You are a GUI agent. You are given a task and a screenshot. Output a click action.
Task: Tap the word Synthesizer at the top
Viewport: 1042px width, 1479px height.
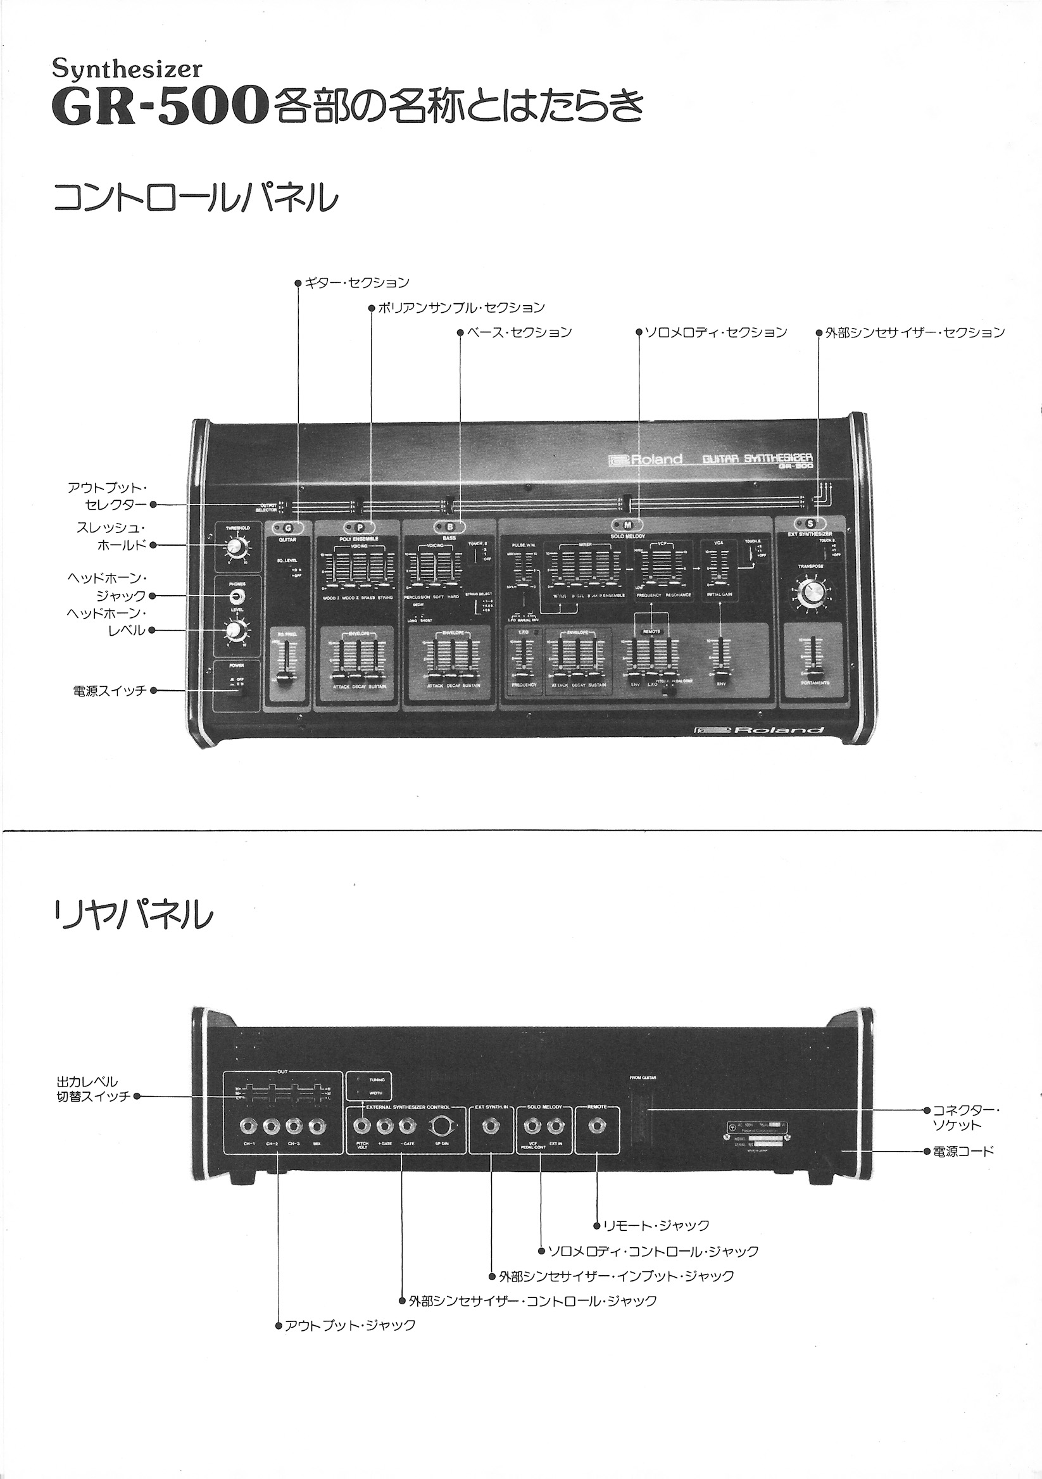(127, 69)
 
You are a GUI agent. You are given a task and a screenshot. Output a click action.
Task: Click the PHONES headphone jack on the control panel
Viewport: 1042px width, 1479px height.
(237, 596)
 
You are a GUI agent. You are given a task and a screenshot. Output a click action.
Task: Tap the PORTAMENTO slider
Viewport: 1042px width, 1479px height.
(815, 657)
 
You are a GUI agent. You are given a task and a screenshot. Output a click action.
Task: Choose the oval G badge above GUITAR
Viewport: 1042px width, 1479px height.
(288, 528)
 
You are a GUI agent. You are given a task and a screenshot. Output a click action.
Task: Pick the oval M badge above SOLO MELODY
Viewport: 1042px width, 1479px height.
(627, 525)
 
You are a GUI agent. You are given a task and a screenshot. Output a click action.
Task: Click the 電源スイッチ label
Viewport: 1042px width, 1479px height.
(110, 691)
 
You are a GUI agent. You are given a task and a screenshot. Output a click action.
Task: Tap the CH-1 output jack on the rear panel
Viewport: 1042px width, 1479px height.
(249, 1126)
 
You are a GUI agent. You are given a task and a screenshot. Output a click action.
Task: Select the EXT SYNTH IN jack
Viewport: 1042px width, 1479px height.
(491, 1126)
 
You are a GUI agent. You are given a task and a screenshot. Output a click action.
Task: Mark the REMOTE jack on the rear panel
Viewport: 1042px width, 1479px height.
(596, 1126)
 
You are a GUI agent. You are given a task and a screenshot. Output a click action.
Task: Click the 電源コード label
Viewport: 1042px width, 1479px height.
(964, 1151)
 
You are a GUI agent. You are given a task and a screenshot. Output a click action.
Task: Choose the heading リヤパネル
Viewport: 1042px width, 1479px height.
(134, 915)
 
